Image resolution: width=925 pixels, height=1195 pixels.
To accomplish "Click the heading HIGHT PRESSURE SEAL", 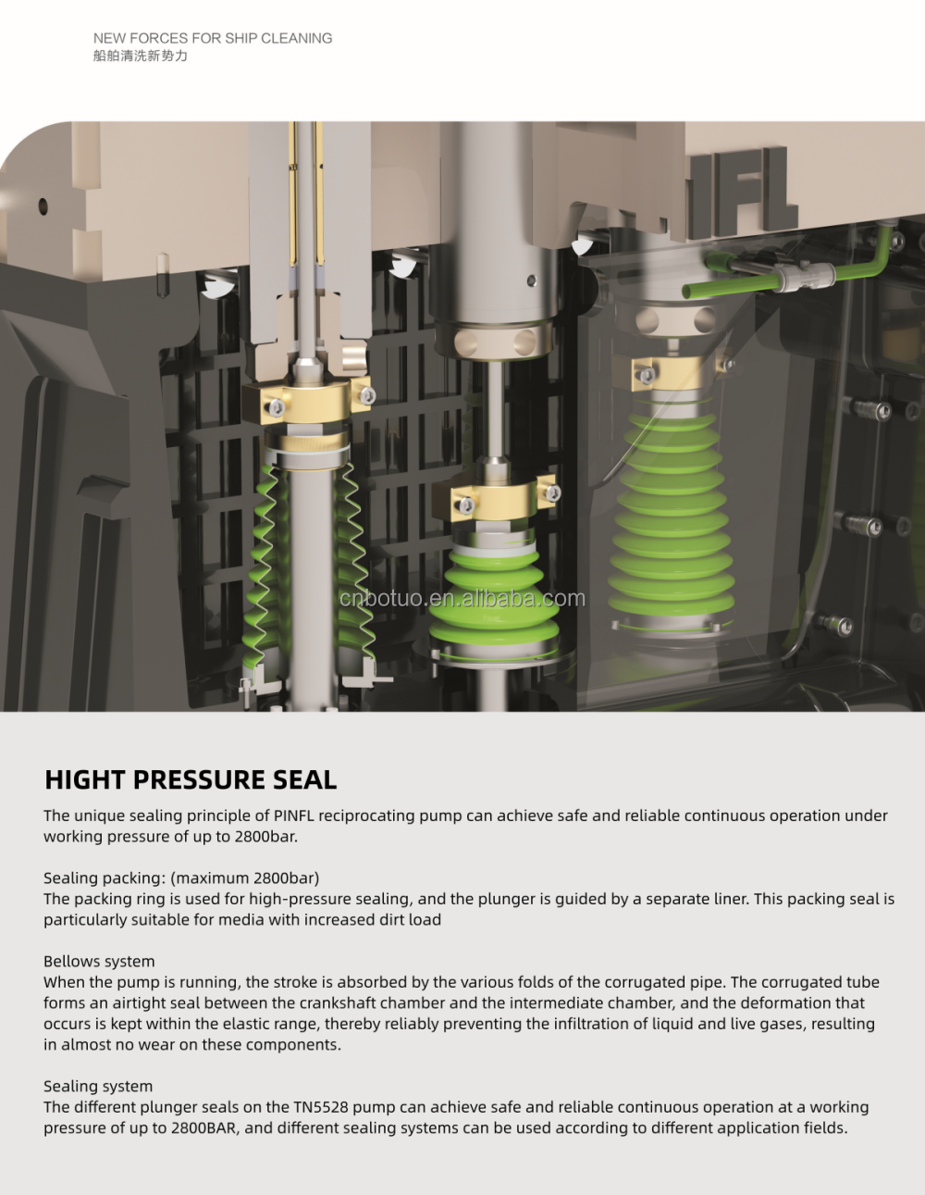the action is coord(191,779).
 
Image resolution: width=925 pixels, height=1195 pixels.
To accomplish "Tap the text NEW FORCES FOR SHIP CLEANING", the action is coord(213,38).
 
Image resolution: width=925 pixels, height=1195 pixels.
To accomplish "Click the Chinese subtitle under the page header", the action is coord(141,56).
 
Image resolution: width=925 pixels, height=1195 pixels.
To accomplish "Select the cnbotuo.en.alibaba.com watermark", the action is coord(462,598).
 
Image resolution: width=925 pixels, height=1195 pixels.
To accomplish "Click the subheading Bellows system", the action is coord(99,962).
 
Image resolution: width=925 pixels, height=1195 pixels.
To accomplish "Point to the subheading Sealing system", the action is coord(98,1086).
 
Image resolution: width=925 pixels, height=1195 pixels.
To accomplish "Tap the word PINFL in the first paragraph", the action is coord(294,815).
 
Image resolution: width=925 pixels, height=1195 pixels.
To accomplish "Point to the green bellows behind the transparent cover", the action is coord(672,517).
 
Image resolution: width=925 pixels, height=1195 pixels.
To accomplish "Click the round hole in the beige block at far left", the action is coord(43,206).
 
